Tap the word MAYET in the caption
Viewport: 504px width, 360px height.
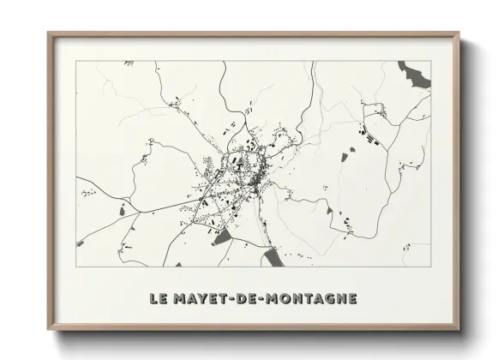point(204,299)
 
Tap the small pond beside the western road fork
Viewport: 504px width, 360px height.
point(126,207)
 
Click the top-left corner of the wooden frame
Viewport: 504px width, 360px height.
point(49,33)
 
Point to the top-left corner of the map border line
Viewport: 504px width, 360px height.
point(76,61)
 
